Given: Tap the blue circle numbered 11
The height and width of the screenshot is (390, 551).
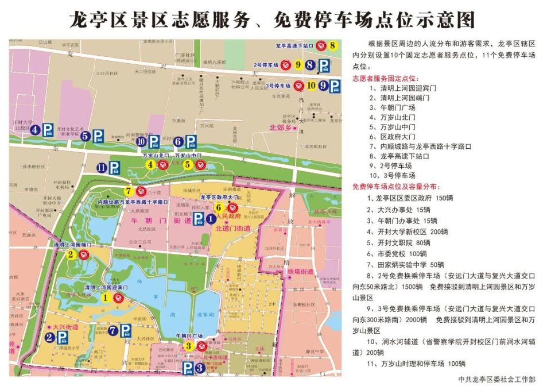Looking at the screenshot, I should coord(101,168).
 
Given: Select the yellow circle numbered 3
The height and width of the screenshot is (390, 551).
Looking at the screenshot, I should coord(188,346).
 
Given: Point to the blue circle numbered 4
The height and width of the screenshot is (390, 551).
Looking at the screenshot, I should coord(36,130).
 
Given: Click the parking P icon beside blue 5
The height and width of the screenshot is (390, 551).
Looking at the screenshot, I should coord(98,136).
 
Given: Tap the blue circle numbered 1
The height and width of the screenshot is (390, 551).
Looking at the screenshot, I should coord(211,218).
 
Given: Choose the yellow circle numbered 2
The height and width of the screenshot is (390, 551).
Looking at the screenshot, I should coord(71,254).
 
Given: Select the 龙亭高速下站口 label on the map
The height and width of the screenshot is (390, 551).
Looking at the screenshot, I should coord(293,45).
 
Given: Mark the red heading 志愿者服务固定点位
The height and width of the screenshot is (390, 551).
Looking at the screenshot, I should coord(386,78).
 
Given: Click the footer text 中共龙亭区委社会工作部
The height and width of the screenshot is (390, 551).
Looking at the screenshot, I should coord(497,379).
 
